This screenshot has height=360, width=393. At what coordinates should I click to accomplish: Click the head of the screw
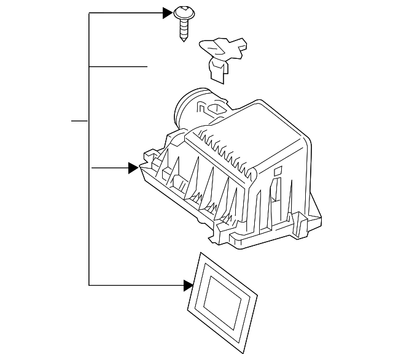click(x=183, y=12)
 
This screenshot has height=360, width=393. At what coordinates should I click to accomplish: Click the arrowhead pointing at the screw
click(x=167, y=13)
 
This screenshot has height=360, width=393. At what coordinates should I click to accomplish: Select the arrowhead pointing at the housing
click(x=132, y=167)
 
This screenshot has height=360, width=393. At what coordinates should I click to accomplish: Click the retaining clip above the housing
click(x=222, y=55)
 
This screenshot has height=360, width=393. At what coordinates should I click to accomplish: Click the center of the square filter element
click(x=223, y=297)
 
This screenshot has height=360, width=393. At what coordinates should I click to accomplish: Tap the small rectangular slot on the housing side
click(x=278, y=171)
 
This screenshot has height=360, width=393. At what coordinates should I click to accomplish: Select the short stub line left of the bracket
click(x=79, y=121)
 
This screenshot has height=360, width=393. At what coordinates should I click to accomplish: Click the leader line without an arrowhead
click(x=119, y=66)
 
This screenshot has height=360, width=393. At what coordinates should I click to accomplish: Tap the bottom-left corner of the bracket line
click(x=90, y=285)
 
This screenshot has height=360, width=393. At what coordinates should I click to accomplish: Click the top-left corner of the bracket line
click(x=90, y=13)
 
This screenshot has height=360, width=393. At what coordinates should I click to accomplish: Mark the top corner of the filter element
click(x=202, y=252)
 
